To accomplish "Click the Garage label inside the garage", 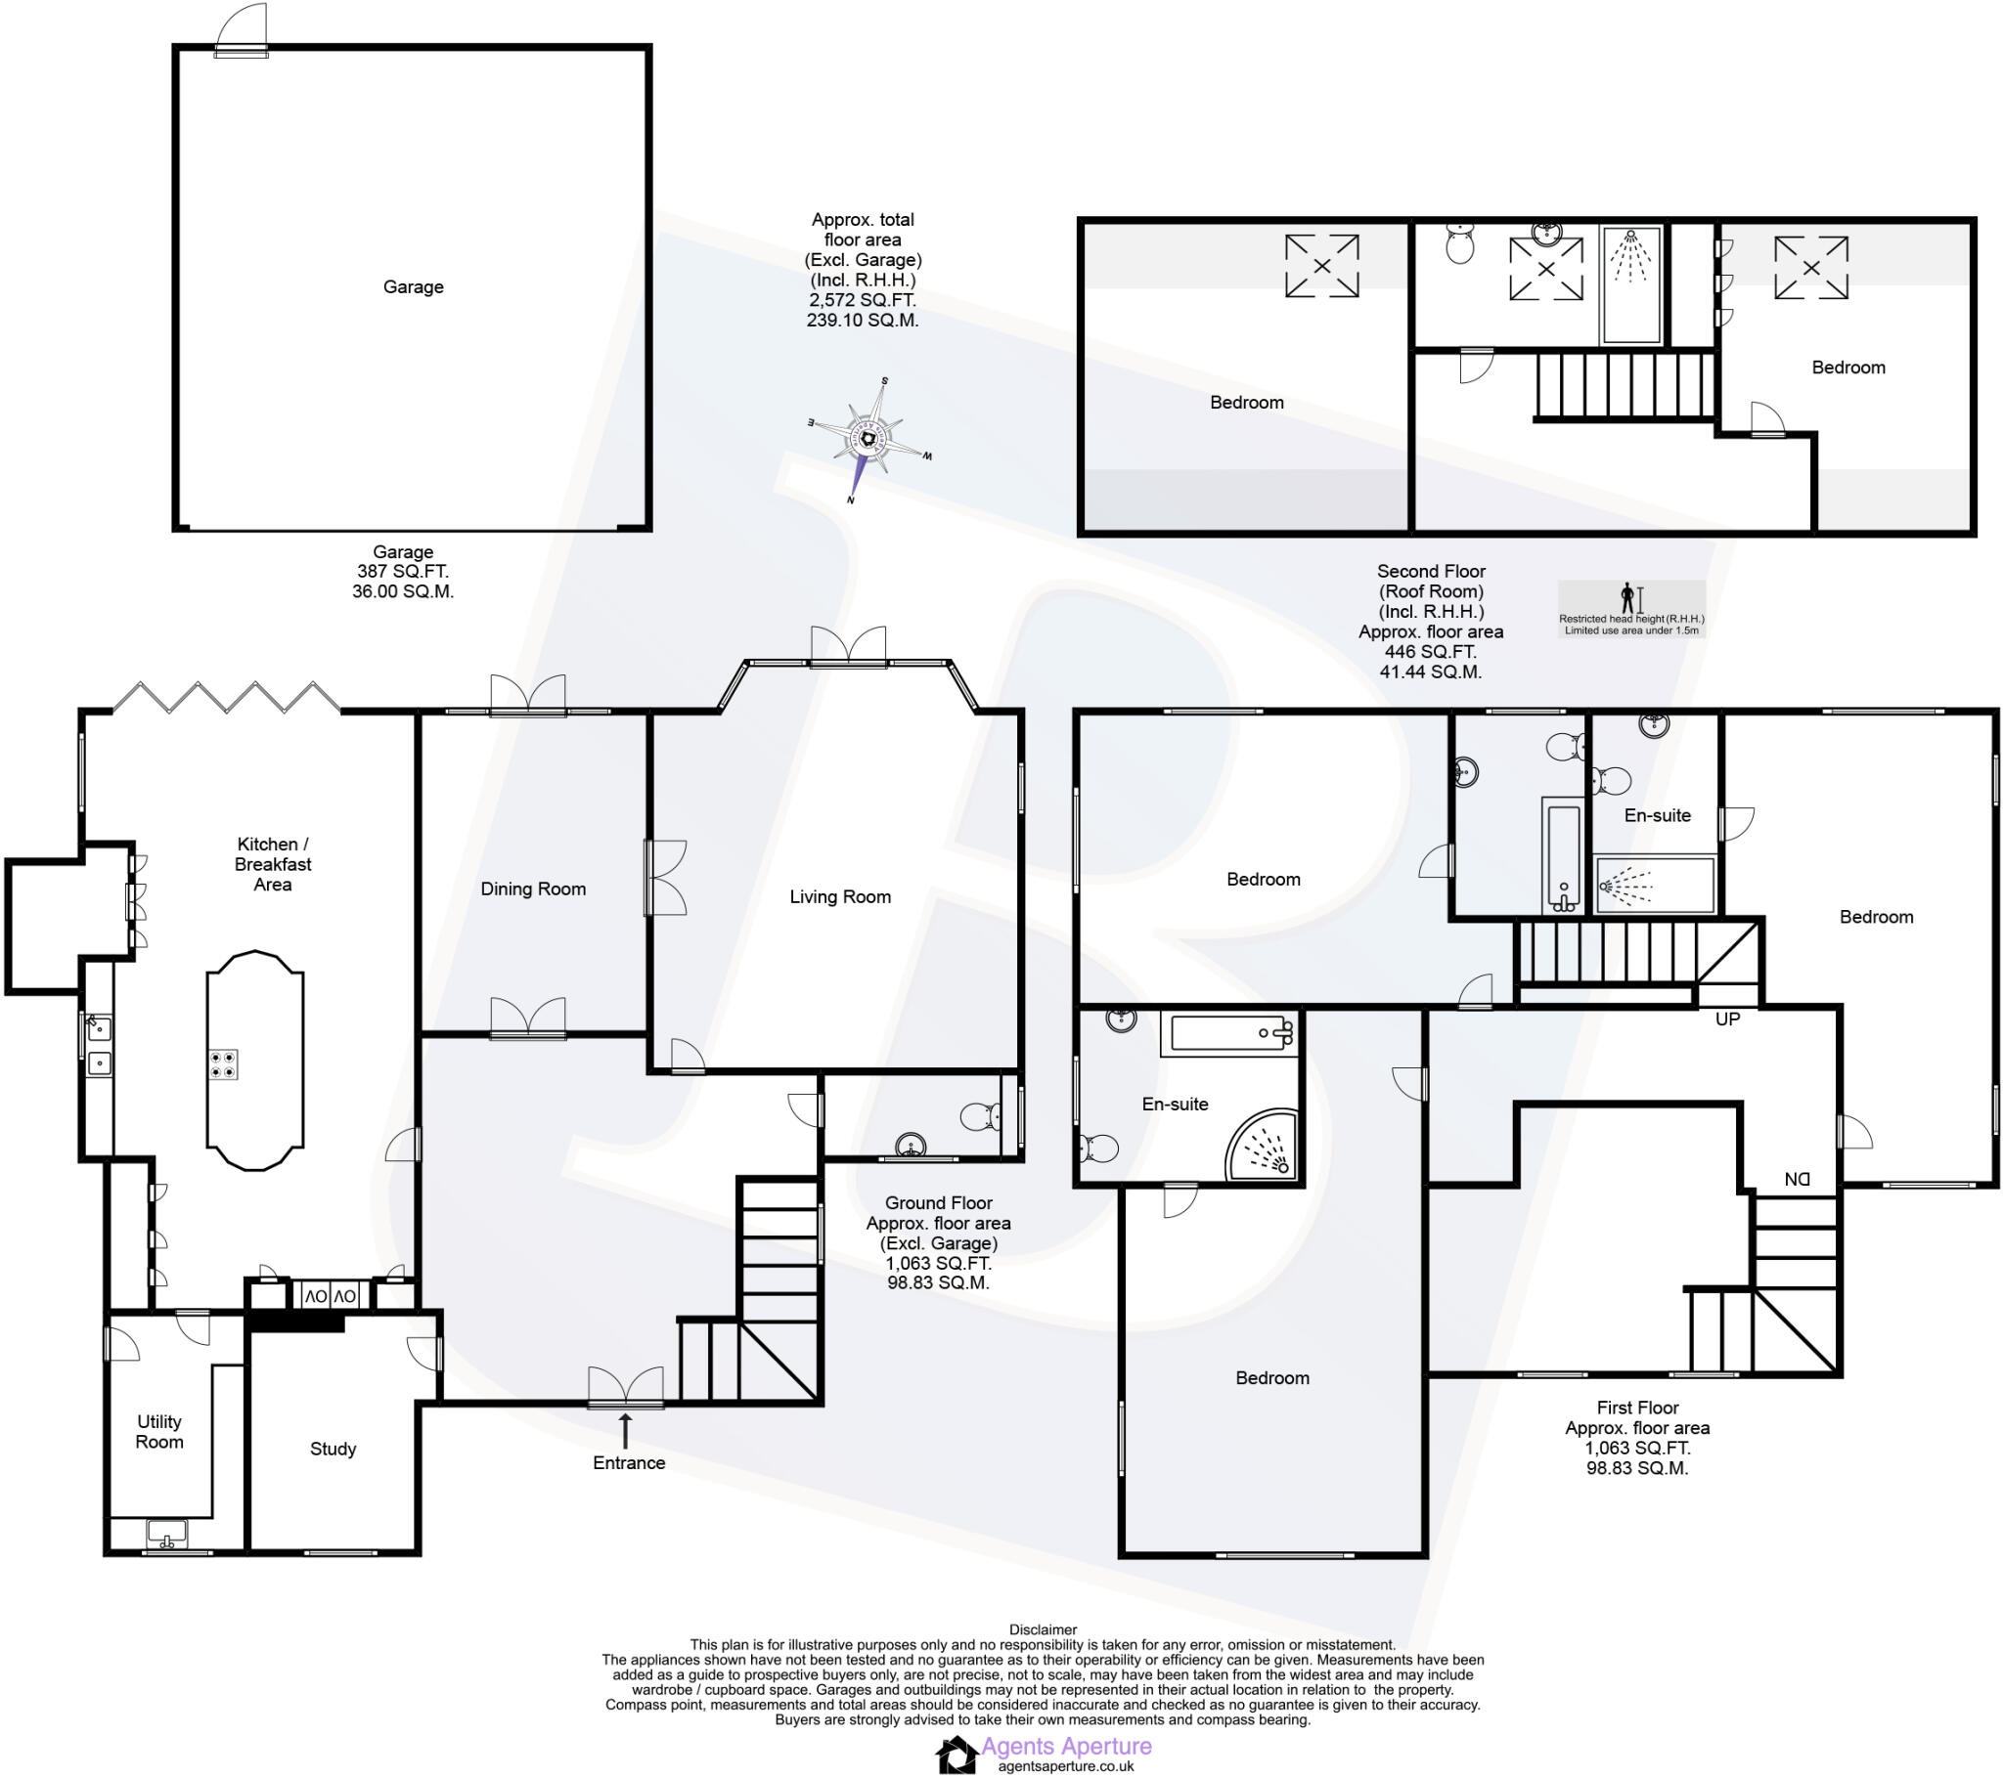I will click(413, 287).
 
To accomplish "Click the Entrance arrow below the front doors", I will click(625, 1429).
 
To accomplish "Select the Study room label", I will click(333, 1449).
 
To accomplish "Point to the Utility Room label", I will click(158, 1431).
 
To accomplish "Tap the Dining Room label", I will click(533, 889).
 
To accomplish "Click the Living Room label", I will click(840, 896).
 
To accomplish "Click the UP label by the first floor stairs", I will click(1726, 1019).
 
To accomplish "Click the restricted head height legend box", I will click(1631, 609).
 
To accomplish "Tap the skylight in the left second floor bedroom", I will click(1321, 266).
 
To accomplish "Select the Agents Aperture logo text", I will click(1066, 1746).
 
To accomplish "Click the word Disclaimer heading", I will click(1043, 1630).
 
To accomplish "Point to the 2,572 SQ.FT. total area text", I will click(863, 300).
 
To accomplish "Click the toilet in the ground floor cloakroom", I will click(980, 1116).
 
